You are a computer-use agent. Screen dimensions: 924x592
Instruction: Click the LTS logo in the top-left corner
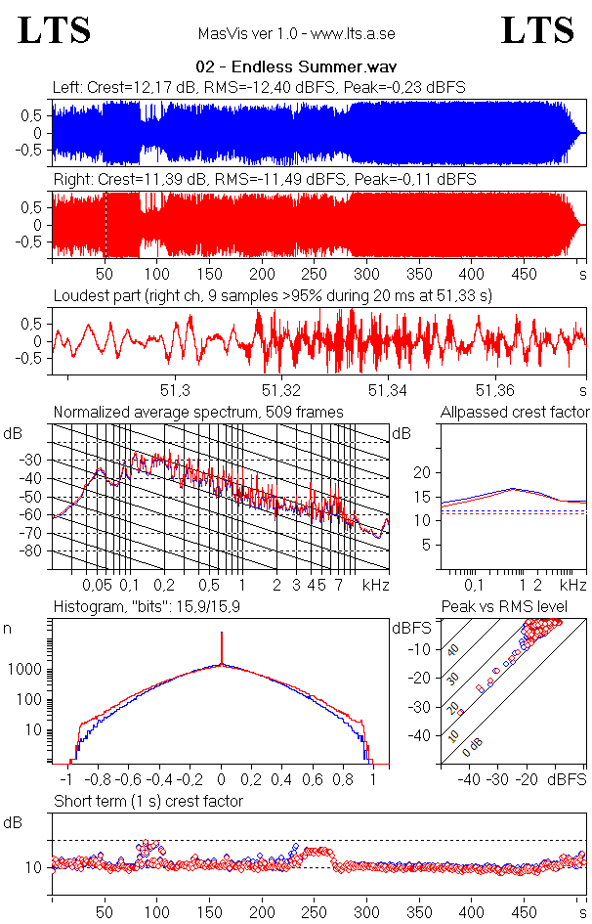click(55, 30)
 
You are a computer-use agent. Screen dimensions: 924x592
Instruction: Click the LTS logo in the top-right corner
click(537, 30)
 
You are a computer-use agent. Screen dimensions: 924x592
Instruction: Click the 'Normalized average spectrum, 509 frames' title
click(198, 412)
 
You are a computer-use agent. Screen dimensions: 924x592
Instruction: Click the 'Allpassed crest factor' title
click(515, 412)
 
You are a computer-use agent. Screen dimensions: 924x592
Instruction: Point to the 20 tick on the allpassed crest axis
click(422, 472)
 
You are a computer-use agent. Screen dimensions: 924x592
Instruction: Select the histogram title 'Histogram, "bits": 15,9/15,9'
click(148, 607)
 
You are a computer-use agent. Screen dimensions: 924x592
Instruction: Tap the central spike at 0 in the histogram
click(222, 650)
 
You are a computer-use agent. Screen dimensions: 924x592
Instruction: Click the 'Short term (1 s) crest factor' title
click(148, 801)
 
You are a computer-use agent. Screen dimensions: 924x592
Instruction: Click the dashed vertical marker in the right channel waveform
click(105, 225)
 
